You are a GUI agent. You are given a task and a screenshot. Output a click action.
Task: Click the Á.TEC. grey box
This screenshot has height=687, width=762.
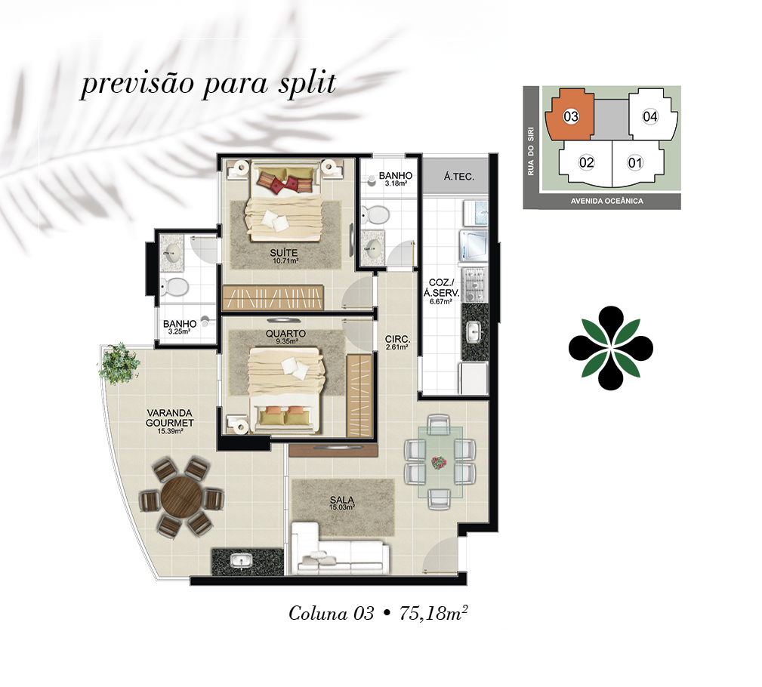(x=458, y=177)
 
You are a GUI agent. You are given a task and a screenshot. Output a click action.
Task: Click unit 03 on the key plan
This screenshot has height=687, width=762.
(x=571, y=117)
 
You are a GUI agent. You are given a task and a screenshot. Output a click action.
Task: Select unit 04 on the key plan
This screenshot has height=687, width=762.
(x=650, y=117)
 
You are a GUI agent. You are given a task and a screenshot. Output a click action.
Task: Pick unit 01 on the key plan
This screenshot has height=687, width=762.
(x=635, y=162)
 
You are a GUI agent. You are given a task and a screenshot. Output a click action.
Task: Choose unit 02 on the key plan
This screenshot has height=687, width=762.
(x=587, y=162)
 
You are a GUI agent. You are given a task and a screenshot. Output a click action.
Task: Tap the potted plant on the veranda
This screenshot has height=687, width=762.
(x=119, y=365)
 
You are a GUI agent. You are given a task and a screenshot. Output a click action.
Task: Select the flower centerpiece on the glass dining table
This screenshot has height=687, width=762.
(x=438, y=462)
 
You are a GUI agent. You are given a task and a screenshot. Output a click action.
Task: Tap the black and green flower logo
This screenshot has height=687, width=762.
(x=610, y=348)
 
